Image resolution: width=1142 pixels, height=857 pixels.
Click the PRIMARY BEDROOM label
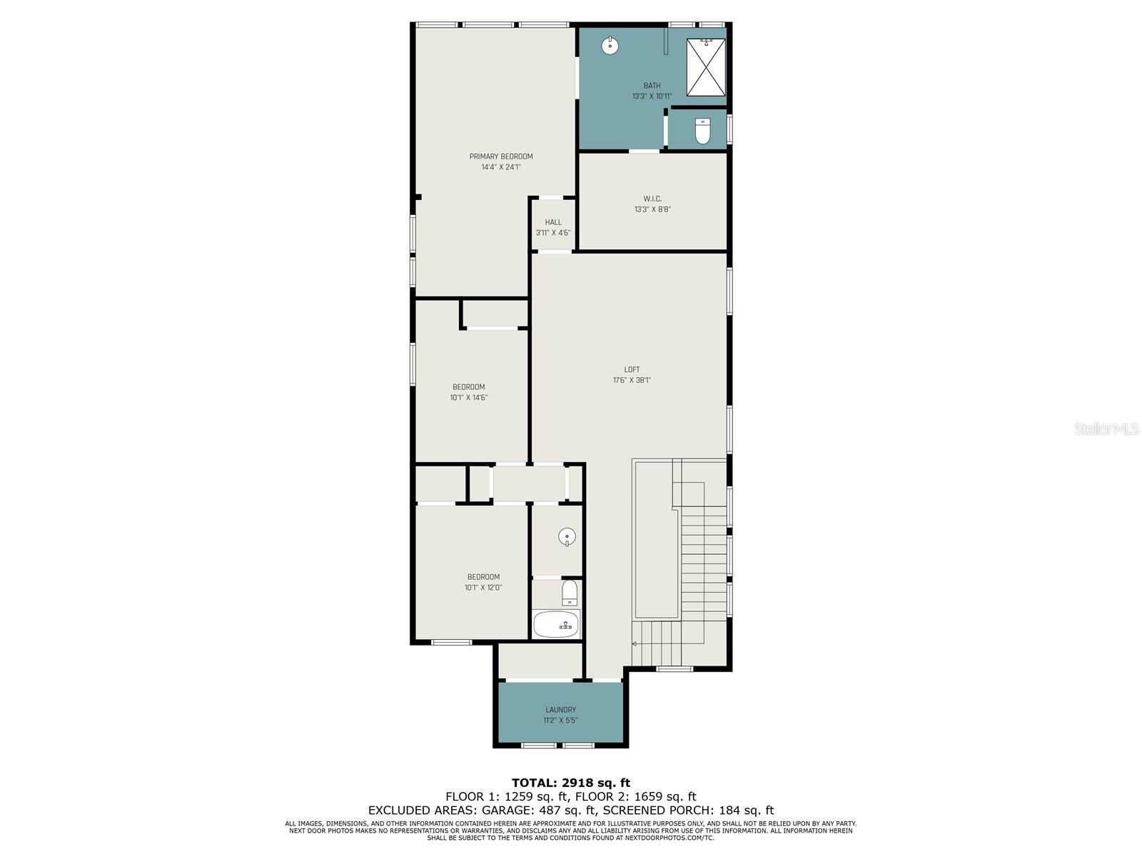point(500,156)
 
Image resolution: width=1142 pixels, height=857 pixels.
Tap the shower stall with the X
point(705,67)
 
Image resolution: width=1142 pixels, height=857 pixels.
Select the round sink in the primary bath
point(610,45)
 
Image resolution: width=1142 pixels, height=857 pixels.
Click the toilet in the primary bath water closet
point(702,131)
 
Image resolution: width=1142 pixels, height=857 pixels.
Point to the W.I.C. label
point(652,199)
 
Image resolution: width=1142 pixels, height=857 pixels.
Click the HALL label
point(553,222)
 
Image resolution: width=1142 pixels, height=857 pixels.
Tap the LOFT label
point(632,369)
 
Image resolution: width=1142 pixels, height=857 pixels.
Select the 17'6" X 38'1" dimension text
point(632,380)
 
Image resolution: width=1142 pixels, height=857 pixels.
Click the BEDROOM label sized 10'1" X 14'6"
point(468,386)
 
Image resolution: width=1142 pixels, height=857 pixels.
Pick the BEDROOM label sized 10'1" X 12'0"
point(483,576)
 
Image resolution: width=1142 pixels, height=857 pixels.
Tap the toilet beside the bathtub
point(569,593)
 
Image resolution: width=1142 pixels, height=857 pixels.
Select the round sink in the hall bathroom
point(567,536)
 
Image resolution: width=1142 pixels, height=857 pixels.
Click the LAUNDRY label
point(560,710)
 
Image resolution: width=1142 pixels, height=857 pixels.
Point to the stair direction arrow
point(635,643)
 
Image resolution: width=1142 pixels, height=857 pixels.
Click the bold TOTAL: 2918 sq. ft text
point(571,783)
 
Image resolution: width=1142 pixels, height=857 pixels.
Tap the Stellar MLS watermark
point(1106,428)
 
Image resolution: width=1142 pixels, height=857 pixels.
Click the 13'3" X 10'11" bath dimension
point(652,96)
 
